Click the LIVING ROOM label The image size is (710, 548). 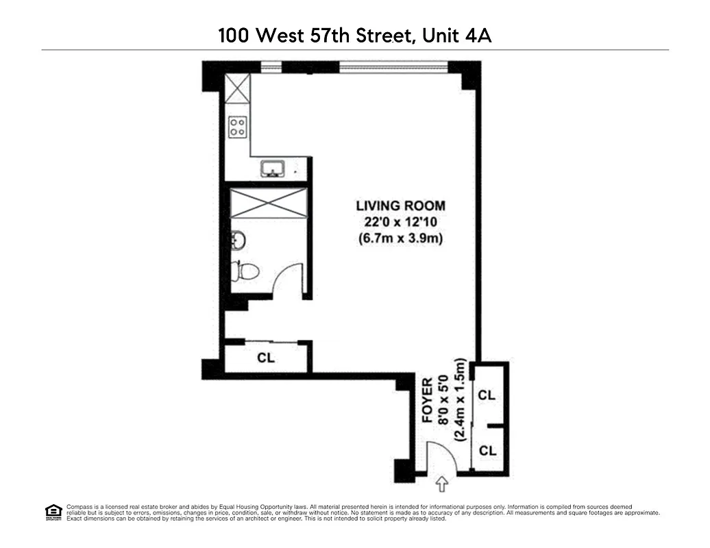pyautogui.click(x=400, y=206)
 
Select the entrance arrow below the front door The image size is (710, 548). pyautogui.click(x=441, y=484)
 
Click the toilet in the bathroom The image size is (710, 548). pyautogui.click(x=245, y=271)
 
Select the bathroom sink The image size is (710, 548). pyautogui.click(x=238, y=240)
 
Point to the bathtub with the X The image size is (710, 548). pyautogui.click(x=267, y=202)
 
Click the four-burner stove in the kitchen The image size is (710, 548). pyautogui.click(x=238, y=126)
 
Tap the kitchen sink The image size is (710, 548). pyautogui.click(x=272, y=169)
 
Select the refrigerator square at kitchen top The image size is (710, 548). pyautogui.click(x=238, y=89)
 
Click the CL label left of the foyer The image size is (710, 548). pyautogui.click(x=266, y=358)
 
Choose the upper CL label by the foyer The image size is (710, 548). pyautogui.click(x=487, y=395)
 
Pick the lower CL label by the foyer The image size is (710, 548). pyautogui.click(x=487, y=451)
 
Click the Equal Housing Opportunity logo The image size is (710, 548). pyautogui.click(x=53, y=511)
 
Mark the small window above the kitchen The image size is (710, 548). pyautogui.click(x=271, y=67)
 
